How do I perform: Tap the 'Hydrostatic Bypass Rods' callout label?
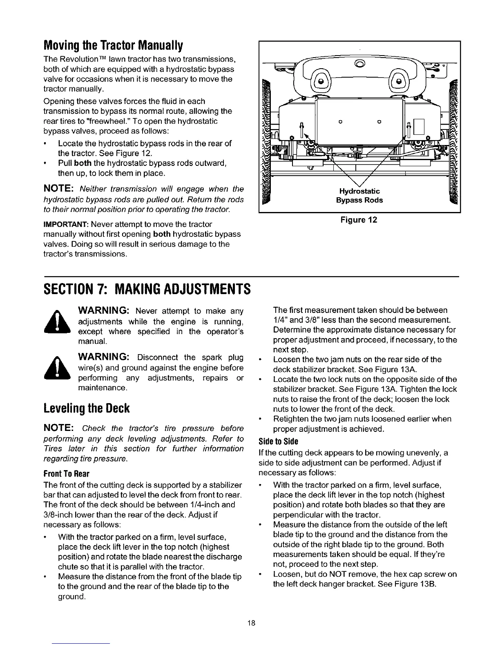[359, 196]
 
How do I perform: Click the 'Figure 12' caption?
[359, 220]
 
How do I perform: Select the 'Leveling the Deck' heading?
[87, 408]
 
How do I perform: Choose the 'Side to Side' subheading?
[279, 442]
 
